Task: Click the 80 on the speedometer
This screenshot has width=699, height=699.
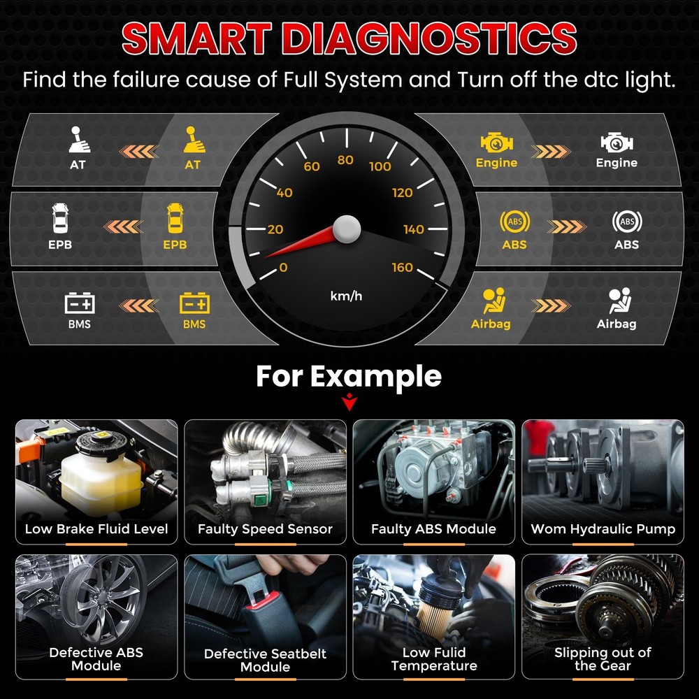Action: click(345, 160)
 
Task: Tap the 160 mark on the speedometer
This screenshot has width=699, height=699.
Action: click(402, 268)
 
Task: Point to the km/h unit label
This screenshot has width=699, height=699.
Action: click(346, 296)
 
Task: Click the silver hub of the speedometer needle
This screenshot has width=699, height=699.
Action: click(346, 228)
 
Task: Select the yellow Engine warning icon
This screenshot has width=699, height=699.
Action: click(496, 143)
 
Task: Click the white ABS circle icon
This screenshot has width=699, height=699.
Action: click(626, 222)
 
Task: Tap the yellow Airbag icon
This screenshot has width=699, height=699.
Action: click(493, 301)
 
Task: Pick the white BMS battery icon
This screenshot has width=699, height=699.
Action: click(80, 303)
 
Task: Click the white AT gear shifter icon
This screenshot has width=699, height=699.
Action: click(79, 139)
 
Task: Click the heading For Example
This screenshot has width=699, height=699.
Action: click(348, 376)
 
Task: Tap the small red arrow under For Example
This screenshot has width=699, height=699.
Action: click(348, 403)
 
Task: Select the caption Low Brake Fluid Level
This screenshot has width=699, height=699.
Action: click(96, 529)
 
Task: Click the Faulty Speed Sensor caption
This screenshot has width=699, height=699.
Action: click(265, 529)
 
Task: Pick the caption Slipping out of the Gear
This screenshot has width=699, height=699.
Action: click(603, 658)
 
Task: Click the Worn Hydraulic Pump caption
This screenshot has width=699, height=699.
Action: click(603, 529)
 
